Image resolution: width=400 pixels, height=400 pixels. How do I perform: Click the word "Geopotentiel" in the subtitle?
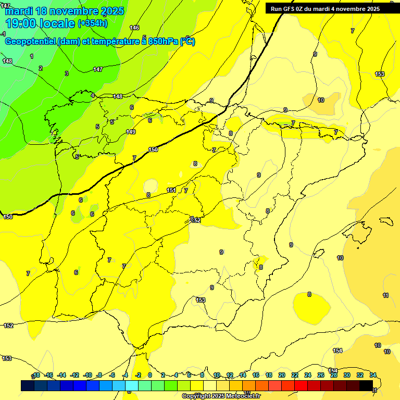click(x=30, y=42)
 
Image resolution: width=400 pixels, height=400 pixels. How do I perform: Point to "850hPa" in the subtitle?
click(x=164, y=42)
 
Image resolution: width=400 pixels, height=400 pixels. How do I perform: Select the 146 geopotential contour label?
click(x=134, y=28)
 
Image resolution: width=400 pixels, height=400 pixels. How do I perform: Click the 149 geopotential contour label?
click(x=131, y=132)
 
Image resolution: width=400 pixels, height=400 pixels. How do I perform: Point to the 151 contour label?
click(x=171, y=191)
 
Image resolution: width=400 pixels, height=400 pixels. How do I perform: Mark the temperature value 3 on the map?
click(x=66, y=73)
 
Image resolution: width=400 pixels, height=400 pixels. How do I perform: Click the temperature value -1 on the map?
click(x=3, y=34)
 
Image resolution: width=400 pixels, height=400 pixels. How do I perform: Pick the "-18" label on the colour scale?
click(x=36, y=375)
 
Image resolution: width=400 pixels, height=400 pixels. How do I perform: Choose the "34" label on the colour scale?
click(x=373, y=375)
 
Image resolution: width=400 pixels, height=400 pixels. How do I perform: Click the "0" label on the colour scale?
click(x=150, y=375)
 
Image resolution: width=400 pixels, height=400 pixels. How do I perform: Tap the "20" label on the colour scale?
click(x=282, y=375)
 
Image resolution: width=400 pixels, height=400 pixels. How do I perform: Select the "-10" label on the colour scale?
click(x=87, y=375)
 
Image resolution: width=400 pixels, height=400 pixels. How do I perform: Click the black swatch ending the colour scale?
click(x=366, y=386)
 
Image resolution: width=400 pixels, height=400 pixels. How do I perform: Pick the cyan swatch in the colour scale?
click(x=132, y=386)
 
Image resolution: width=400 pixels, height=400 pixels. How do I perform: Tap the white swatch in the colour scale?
click(x=210, y=386)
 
